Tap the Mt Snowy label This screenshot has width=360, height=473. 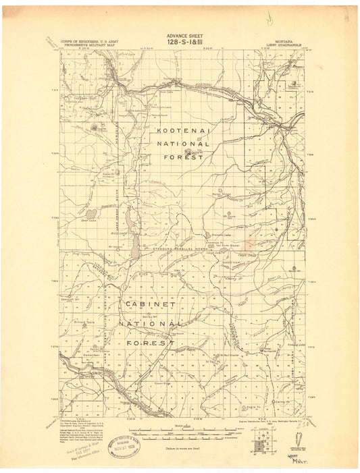(x=228, y=216)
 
